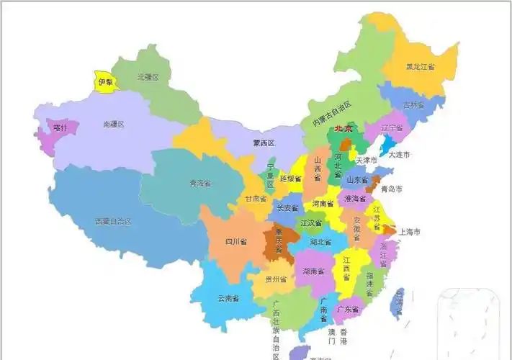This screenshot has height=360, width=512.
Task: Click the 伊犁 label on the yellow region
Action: [106, 82]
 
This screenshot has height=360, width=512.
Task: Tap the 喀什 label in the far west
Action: [60, 127]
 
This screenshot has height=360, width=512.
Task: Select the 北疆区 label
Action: [148, 76]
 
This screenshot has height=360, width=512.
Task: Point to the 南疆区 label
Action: [114, 125]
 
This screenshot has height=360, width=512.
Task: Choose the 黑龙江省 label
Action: [420, 67]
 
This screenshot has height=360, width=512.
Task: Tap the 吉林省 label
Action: [413, 105]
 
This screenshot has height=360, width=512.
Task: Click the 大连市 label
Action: [399, 155]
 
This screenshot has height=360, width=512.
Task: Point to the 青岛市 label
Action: [391, 189]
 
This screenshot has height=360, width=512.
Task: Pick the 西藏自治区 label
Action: [113, 222]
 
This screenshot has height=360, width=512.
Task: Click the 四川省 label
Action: [235, 241]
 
